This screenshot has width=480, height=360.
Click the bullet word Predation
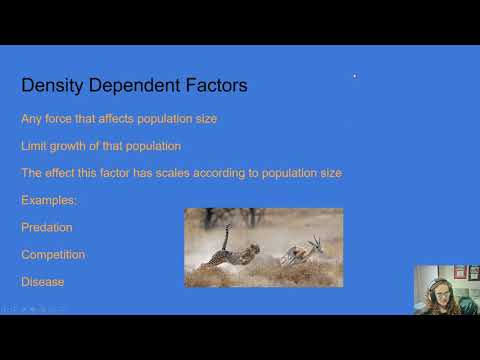pyautogui.click(x=47, y=227)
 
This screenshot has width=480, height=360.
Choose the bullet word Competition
pyautogui.click(x=53, y=254)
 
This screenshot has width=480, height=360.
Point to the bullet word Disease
pyautogui.click(x=42, y=281)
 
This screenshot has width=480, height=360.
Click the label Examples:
pyautogui.click(x=48, y=200)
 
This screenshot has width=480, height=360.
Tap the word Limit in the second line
pyautogui.click(x=34, y=146)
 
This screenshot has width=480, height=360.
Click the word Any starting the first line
pyautogui.click(x=32, y=119)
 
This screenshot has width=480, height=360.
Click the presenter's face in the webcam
pyautogui.click(x=437, y=287)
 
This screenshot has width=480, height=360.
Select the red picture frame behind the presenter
pyautogui.click(x=460, y=272)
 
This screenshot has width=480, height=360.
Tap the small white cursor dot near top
pyautogui.click(x=354, y=75)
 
